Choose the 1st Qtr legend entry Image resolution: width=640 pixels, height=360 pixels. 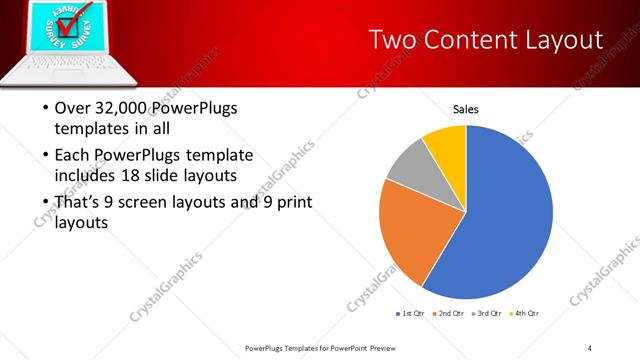coord(411,314)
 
